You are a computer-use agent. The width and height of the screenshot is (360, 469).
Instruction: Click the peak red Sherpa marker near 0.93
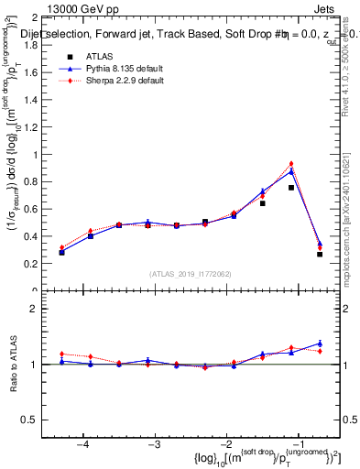tap(291, 164)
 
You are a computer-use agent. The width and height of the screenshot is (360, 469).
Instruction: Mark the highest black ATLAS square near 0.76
tap(291, 188)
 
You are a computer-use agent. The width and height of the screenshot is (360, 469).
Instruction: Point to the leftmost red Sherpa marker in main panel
tap(61, 247)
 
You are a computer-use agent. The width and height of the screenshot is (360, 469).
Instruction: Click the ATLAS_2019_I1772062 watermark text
tap(191, 274)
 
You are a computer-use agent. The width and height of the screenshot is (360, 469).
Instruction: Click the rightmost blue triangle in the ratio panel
tap(320, 344)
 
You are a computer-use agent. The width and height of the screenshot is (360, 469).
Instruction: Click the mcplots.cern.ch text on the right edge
tap(353, 229)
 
